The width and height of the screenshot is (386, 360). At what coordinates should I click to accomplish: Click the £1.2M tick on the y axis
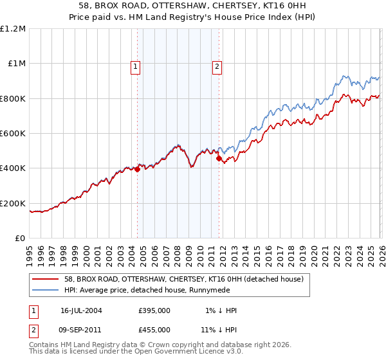14,29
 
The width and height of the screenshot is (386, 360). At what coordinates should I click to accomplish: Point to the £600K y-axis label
14,134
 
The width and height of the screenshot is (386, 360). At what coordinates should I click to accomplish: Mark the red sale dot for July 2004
138,170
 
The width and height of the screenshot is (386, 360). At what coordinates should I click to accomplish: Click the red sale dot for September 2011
219,159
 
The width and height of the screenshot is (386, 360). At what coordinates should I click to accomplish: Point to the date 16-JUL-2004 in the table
81,310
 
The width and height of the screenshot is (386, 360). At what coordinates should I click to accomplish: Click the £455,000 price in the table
154,329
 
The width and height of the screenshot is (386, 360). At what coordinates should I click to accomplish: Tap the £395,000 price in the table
154,310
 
